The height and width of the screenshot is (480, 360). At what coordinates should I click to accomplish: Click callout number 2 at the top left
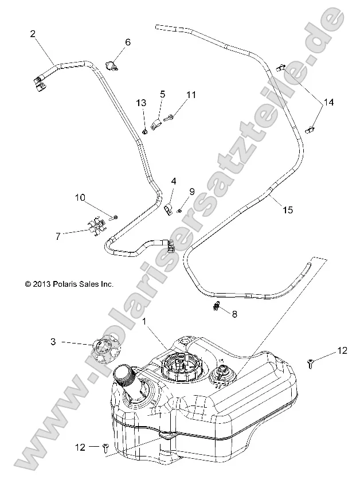(x=33, y=34)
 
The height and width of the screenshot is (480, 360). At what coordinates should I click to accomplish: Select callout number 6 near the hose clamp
(x=127, y=42)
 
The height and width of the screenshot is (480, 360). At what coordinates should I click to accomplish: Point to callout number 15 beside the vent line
(x=288, y=210)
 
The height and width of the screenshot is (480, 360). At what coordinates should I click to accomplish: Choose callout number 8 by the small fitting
(x=234, y=314)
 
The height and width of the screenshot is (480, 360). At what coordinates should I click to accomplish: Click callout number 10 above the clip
(x=80, y=198)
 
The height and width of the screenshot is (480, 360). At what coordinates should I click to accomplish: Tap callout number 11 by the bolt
(x=190, y=94)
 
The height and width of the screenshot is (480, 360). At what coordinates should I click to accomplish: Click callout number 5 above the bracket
(x=162, y=93)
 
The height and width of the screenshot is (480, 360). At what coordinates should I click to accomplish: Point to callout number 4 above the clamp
(x=174, y=181)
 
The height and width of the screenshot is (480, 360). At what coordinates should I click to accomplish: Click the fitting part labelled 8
(x=217, y=306)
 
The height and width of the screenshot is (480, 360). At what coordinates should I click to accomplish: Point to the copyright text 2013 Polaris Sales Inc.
(x=69, y=283)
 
